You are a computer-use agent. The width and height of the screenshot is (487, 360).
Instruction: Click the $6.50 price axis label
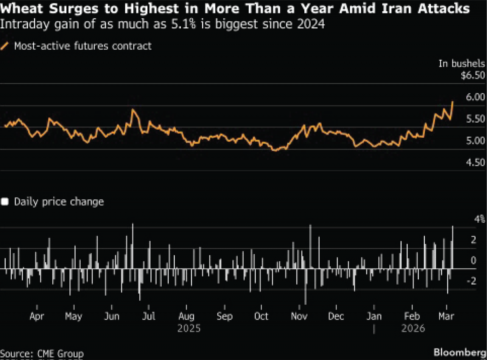473,75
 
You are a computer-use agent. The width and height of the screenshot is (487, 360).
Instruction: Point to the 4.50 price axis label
475,162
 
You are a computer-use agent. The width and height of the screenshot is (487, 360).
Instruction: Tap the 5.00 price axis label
475,141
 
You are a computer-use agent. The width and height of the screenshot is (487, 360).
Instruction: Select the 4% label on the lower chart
479,219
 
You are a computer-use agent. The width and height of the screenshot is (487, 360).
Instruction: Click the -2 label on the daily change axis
471,281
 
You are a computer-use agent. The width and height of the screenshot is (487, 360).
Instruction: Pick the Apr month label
37,316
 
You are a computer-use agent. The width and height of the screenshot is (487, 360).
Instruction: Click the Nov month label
299,316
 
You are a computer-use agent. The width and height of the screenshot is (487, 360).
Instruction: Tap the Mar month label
446,316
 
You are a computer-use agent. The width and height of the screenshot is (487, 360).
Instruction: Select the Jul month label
149,316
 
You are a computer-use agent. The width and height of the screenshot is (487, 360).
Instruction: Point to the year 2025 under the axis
189,328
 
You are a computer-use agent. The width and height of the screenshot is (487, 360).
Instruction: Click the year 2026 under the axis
413,328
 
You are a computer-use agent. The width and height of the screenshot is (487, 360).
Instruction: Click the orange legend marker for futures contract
5,46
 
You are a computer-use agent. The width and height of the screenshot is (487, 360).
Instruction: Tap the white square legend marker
5,202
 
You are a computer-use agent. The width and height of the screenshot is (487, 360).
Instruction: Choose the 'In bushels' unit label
461,63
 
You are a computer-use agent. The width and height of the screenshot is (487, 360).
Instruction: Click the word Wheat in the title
22,9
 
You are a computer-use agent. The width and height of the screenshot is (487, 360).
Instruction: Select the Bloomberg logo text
460,352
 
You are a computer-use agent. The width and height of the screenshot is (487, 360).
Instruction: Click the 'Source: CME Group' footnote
42,354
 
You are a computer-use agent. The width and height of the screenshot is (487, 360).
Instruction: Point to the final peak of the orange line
453,102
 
